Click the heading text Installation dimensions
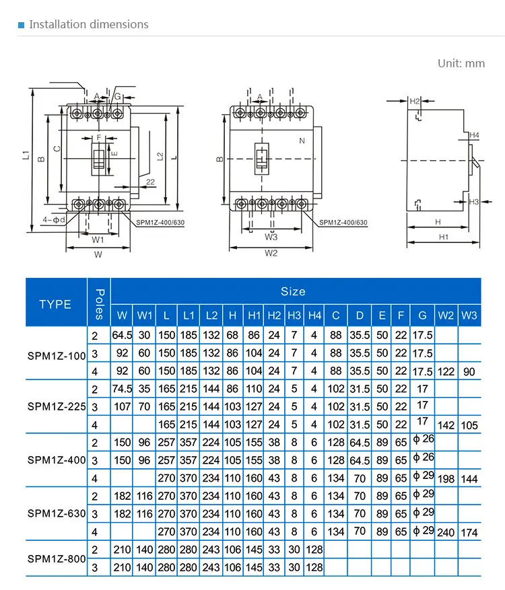[88, 24]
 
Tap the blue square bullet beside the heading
[22, 25]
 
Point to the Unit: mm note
[461, 63]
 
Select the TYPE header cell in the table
[55, 304]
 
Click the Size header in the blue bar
[293, 291]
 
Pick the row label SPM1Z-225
[57, 406]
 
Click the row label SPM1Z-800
[57, 558]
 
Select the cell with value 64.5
[122, 334]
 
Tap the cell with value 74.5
[122, 388]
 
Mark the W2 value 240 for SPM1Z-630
[446, 532]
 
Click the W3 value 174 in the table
[469, 532]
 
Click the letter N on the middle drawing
[302, 141]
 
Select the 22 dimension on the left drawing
[150, 182]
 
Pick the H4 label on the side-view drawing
[474, 135]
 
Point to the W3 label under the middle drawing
[271, 237]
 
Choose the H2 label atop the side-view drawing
[415, 101]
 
